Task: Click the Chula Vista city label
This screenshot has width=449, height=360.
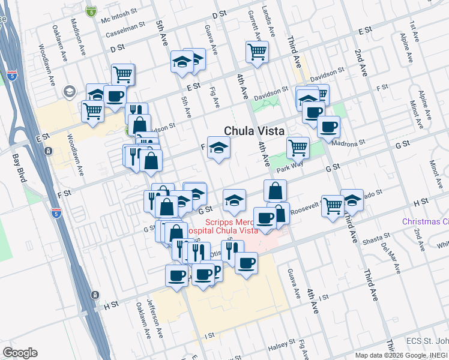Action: tap(253, 131)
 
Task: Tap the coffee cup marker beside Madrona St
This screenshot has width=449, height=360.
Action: tap(328, 127)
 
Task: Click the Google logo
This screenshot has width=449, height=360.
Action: tap(20, 353)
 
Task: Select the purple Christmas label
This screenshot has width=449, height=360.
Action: tap(425, 221)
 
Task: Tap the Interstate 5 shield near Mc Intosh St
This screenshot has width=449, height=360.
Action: tap(91, 11)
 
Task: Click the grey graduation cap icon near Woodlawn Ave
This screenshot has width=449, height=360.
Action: tap(69, 91)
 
